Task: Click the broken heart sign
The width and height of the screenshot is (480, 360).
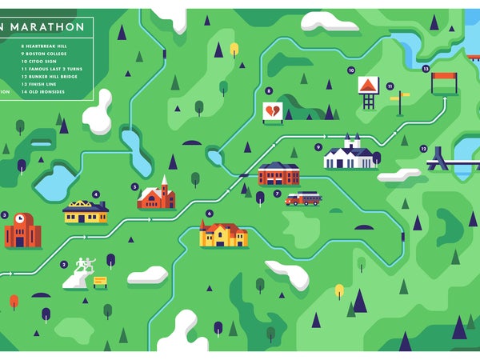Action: click(x=272, y=111)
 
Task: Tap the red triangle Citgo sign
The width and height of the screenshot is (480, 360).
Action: click(x=368, y=85)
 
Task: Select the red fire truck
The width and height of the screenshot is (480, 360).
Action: click(x=303, y=198)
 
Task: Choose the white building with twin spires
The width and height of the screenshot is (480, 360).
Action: click(x=349, y=154)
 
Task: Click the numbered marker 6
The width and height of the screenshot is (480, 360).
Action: click(x=209, y=213)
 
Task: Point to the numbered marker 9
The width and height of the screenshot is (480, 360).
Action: click(x=318, y=147)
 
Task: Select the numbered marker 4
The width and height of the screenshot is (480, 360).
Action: click(x=96, y=194)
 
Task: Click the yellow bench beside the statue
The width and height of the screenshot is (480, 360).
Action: click(x=100, y=281)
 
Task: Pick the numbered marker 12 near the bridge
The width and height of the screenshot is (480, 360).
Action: click(x=422, y=149)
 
